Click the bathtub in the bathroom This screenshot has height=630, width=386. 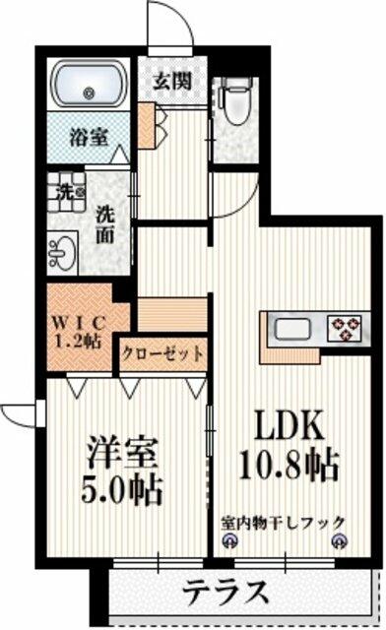point(88,84)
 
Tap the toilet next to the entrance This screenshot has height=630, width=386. point(236,99)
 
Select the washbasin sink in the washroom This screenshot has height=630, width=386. point(62,253)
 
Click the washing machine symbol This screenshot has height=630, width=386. point(66,192)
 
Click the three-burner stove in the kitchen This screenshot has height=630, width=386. point(345,328)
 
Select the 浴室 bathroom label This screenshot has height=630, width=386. point(89,137)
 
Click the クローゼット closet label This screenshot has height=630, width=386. point(162,354)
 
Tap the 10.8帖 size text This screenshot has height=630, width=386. point(288,466)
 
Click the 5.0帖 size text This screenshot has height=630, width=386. point(122,490)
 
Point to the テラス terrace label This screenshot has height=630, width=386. point(225,592)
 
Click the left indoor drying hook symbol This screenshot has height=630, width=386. point(230,540)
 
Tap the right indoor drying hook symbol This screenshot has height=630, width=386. point(339,540)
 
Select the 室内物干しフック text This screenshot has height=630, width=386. point(283,523)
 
